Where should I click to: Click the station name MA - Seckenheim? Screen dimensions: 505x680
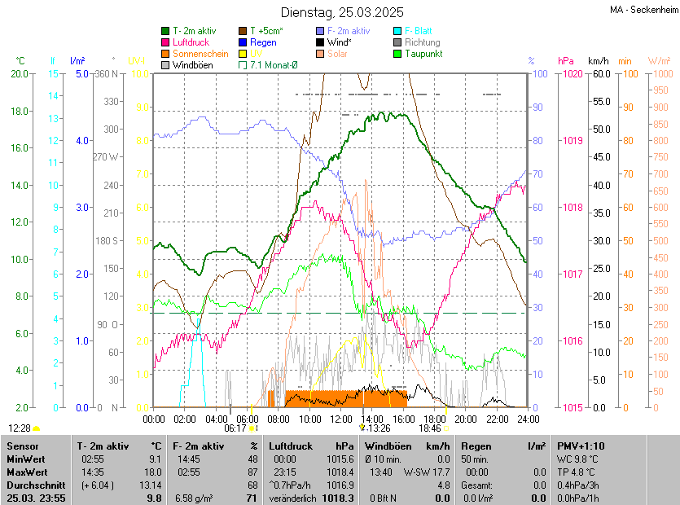pyautogui.click(x=643, y=10)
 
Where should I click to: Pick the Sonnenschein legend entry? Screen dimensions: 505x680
pyautogui.click(x=200, y=54)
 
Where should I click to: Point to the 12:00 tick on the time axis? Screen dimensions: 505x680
pyautogui.click(x=341, y=419)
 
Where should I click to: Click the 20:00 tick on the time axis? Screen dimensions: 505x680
pyautogui.click(x=466, y=419)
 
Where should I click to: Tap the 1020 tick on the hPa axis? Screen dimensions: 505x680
pyautogui.click(x=573, y=74)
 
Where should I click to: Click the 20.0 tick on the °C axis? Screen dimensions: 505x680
pyautogui.click(x=20, y=74)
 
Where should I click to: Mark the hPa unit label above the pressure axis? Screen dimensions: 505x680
pyautogui.click(x=566, y=61)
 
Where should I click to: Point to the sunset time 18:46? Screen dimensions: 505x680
pyautogui.click(x=430, y=428)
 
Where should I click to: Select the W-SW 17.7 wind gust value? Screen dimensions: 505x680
pyautogui.click(x=427, y=472)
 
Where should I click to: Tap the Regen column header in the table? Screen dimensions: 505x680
pyautogui.click(x=476, y=446)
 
